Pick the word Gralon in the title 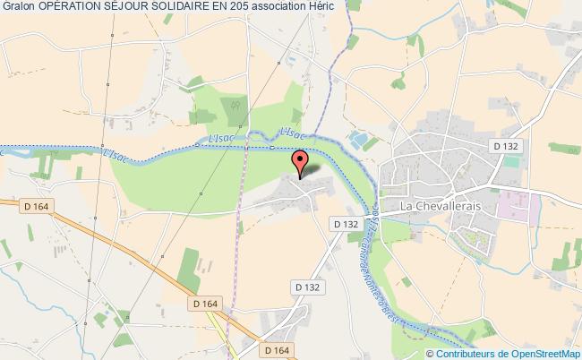(18, 7)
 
